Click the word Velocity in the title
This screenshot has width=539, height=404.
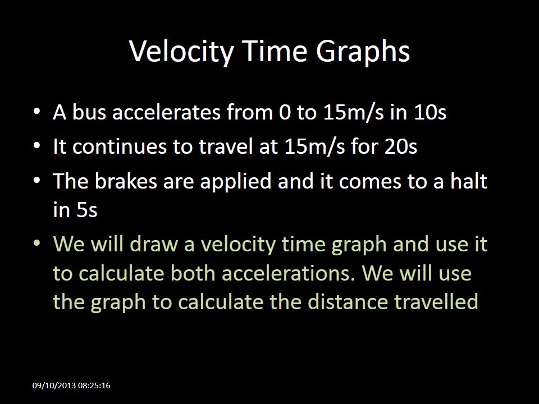click(181, 51)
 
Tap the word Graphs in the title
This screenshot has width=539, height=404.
click(363, 51)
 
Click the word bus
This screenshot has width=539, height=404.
click(89, 112)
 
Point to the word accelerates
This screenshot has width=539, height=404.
click(166, 112)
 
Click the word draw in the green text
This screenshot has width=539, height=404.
click(154, 244)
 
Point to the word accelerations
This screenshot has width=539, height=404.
click(288, 273)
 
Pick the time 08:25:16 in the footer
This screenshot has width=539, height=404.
click(94, 385)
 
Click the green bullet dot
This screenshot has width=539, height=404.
click(37, 244)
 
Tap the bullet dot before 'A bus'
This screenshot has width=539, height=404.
click(37, 112)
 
